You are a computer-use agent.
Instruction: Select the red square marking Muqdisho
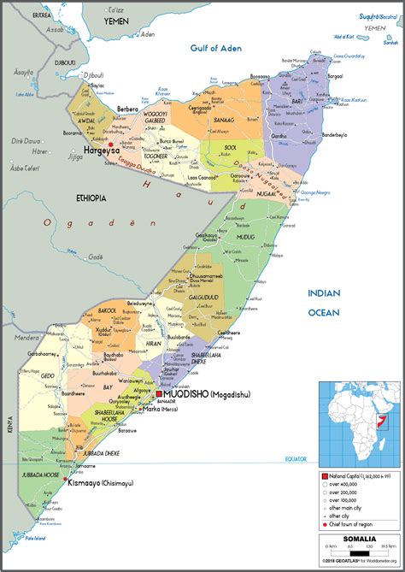click(x=159, y=370)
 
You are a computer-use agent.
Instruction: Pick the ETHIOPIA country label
click(x=91, y=198)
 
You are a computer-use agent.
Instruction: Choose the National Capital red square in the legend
click(x=325, y=475)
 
